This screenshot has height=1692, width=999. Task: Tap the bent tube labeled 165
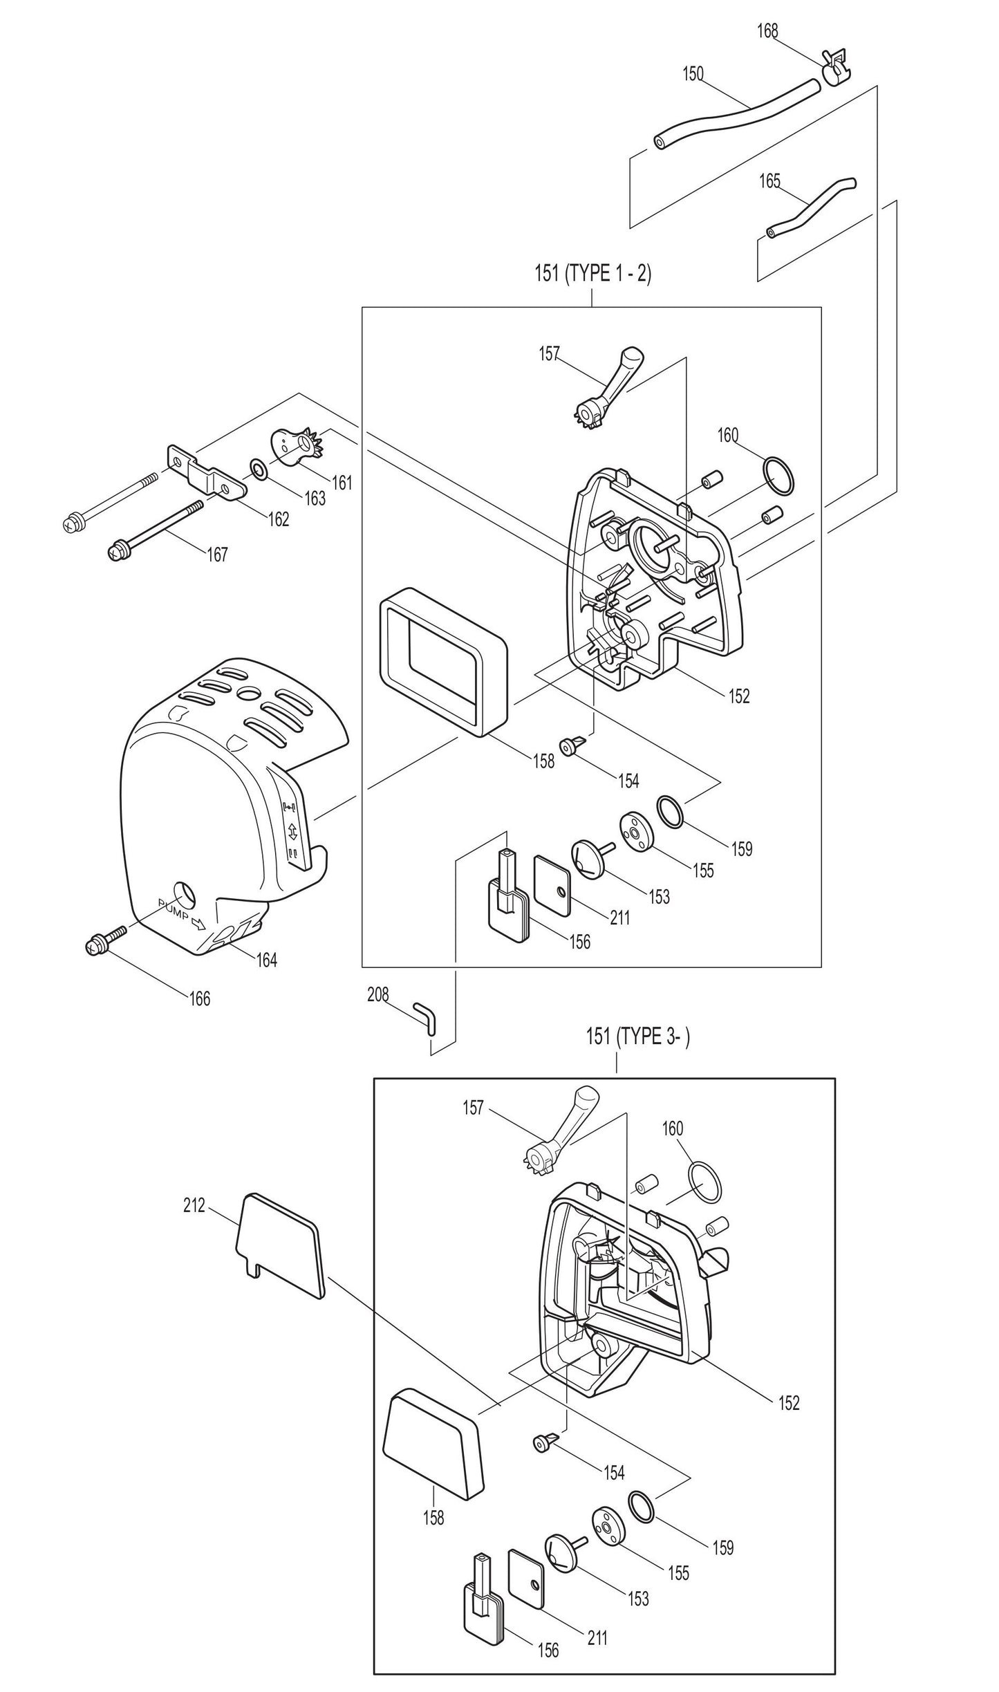(x=810, y=207)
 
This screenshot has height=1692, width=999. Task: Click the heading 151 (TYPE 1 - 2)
(x=592, y=274)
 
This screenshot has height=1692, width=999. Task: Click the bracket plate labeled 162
(x=207, y=476)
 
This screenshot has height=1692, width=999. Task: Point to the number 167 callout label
(x=217, y=555)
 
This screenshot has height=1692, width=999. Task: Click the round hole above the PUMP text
(x=185, y=895)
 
